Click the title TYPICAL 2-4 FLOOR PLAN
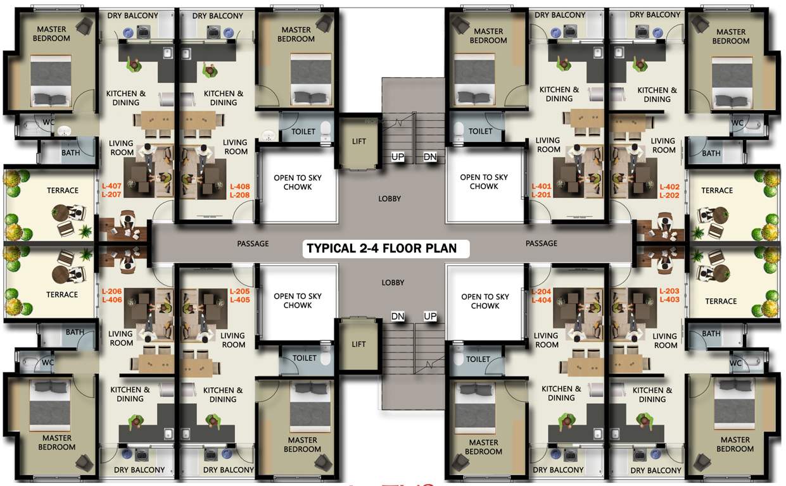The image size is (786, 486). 381,247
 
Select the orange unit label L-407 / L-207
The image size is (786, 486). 111,190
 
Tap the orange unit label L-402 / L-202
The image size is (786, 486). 669,191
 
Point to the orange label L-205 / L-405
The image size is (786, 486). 240,296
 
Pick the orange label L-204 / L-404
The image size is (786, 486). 542,296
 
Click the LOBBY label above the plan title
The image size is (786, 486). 390,199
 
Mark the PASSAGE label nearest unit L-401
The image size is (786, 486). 542,244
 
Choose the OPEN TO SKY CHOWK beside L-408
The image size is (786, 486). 298,182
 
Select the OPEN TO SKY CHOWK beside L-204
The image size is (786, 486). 485,301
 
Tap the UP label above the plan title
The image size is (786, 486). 398,156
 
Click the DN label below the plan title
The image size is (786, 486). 398,316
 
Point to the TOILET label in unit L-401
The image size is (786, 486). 481,132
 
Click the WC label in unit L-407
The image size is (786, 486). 48,122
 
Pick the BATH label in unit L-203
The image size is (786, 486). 711,334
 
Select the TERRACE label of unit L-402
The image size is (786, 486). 717,190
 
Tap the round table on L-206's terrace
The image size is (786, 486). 63,274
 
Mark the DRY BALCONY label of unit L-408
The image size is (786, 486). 218,16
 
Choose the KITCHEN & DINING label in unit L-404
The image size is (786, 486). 561,394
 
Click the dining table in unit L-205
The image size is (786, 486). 201,364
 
